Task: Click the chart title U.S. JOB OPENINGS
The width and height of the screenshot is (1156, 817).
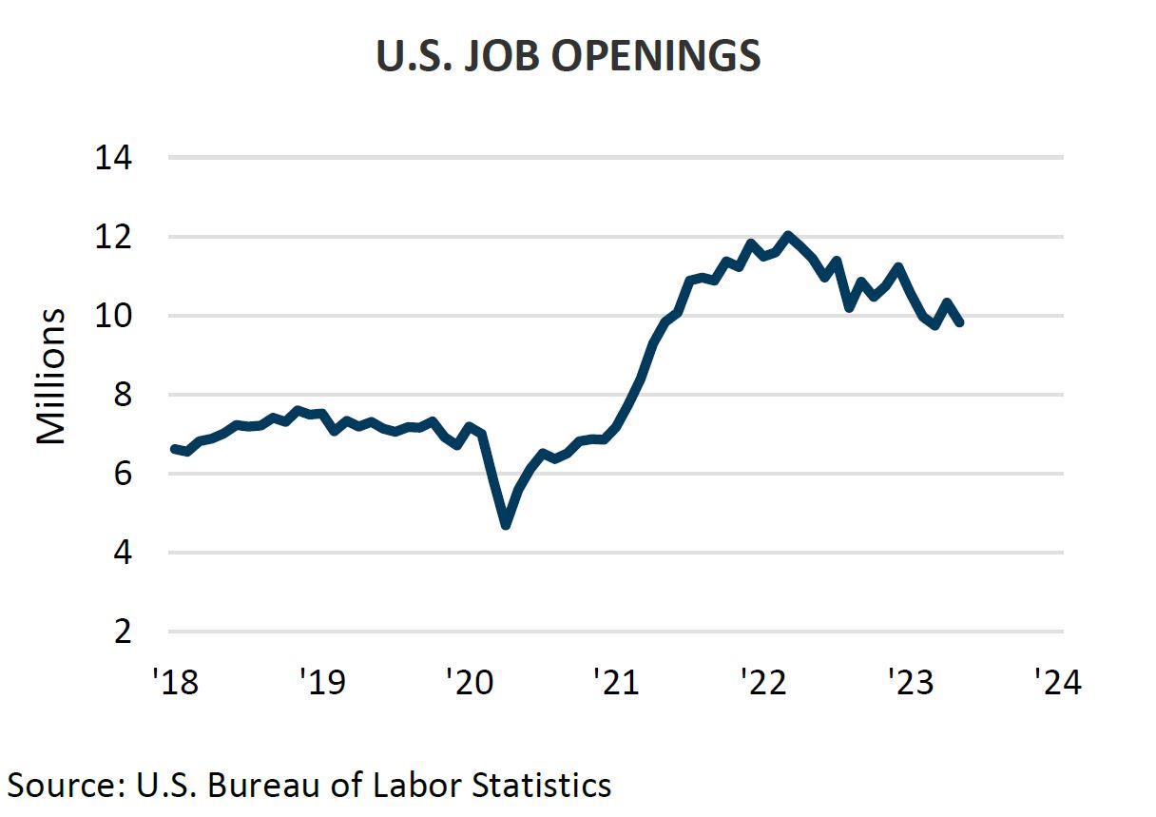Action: [568, 57]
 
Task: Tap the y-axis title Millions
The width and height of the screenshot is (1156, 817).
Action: [51, 376]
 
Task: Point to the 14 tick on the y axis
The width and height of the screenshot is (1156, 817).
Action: [113, 158]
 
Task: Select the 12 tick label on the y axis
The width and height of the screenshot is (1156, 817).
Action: [113, 237]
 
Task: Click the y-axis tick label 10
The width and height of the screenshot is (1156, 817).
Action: [113, 316]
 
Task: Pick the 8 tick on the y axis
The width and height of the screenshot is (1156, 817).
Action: [123, 395]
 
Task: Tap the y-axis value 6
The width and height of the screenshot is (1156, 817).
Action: [123, 474]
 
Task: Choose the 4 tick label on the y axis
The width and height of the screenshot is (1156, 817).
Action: [123, 553]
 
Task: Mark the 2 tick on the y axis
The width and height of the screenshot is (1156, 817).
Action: [123, 632]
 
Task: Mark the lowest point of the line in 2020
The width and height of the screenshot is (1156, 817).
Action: [505, 524]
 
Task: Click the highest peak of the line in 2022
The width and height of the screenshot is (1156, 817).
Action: [787, 235]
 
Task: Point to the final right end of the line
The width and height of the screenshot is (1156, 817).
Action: [960, 322]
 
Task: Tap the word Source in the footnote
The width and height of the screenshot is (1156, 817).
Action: [59, 786]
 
